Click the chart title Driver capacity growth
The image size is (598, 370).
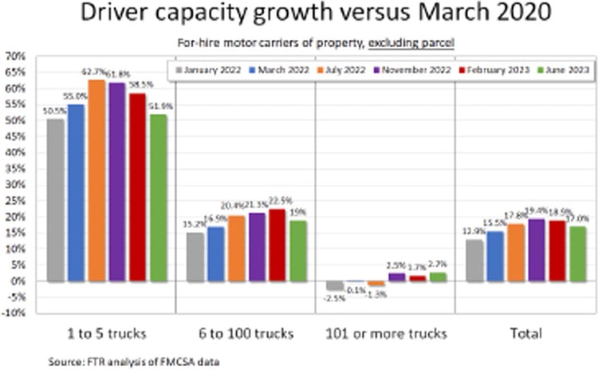tap(298, 17)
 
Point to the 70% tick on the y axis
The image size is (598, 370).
tap(14, 56)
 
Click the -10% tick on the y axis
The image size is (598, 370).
tap(14, 313)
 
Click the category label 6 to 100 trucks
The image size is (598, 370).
tap(245, 333)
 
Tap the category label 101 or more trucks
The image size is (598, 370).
tap(384, 333)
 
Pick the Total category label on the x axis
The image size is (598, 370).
tap(525, 333)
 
